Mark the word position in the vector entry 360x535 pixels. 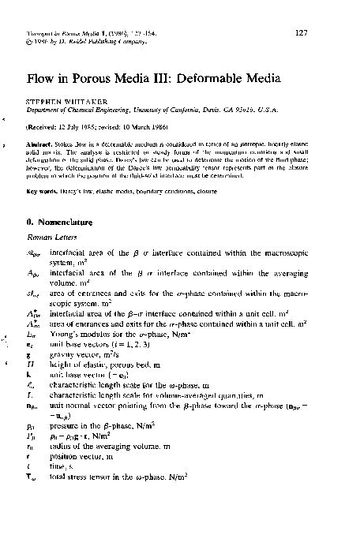tap(66, 480)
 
